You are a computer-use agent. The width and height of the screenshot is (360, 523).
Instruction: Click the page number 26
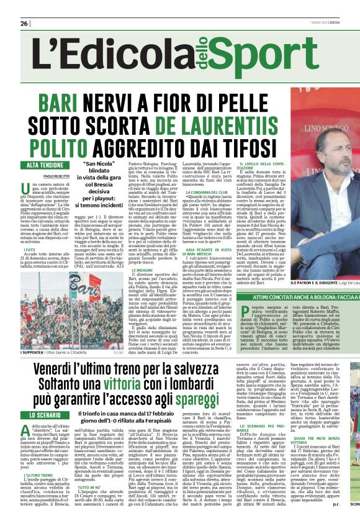tap(24, 23)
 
